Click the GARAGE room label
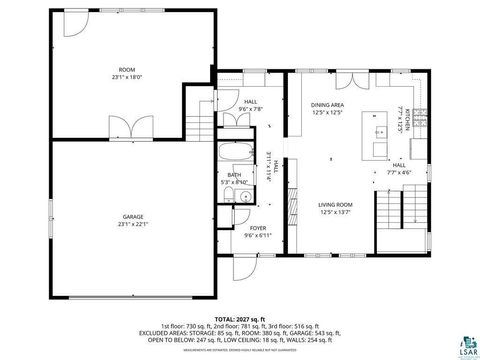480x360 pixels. point(133,217)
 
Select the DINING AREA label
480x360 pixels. point(328,104)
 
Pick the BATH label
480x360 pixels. point(234,175)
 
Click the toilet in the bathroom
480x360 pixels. point(229,195)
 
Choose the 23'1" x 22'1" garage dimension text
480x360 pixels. point(133,224)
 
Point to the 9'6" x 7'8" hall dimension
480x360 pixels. point(251,107)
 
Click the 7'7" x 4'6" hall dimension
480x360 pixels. point(399,172)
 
